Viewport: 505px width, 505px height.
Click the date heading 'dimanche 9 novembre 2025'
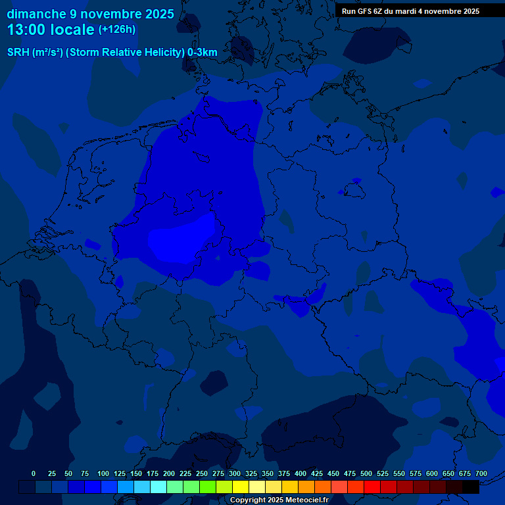(91, 14)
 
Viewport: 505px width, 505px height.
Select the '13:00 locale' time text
(51, 30)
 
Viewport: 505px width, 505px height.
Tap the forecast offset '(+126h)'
(116, 30)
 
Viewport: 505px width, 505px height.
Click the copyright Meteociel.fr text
(279, 500)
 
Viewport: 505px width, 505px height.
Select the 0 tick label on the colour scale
(34, 473)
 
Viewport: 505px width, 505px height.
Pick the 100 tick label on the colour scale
(103, 473)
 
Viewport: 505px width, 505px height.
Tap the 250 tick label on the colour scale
(202, 473)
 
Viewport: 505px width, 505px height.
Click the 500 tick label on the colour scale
(366, 473)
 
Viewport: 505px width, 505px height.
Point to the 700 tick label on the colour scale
(481, 473)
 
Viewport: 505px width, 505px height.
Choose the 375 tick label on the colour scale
(284, 473)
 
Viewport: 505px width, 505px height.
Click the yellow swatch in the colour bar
(241, 487)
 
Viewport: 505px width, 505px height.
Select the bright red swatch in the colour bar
(372, 487)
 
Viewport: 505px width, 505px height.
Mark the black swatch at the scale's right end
(471, 487)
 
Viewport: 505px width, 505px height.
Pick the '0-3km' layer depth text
(203, 52)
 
